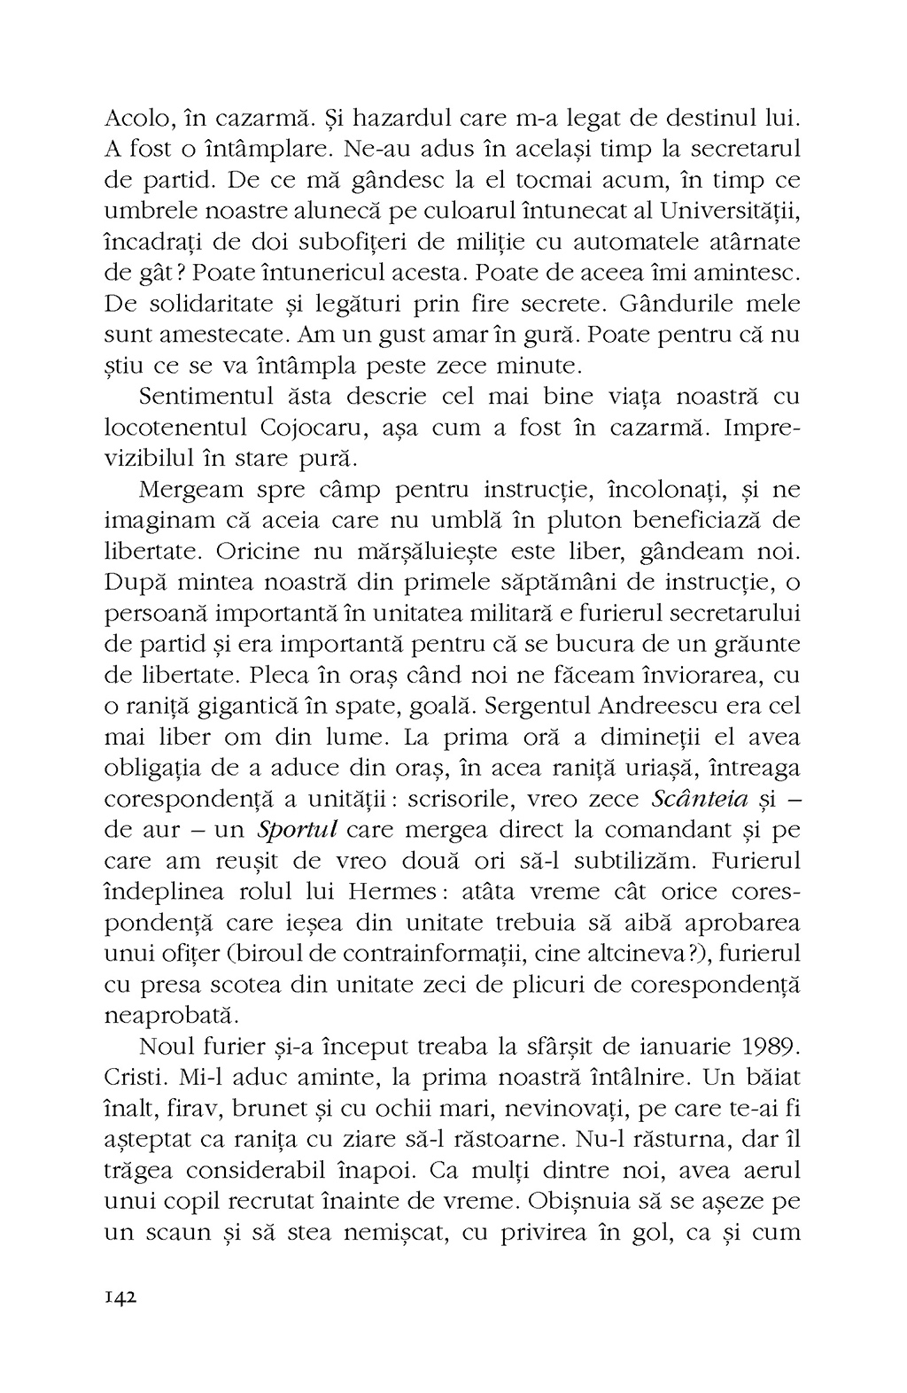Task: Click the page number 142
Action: click(120, 1296)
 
